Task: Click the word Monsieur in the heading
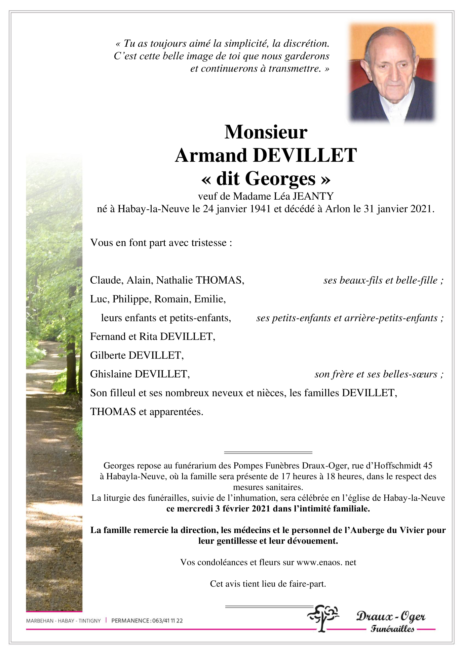[x=266, y=132]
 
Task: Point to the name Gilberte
[x=108, y=355]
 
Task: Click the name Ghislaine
[x=111, y=374]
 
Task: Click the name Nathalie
[x=175, y=280]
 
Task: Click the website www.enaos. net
[x=326, y=562]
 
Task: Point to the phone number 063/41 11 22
[x=167, y=621]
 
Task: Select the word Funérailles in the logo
[x=392, y=629]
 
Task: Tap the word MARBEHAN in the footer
[x=40, y=621]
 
